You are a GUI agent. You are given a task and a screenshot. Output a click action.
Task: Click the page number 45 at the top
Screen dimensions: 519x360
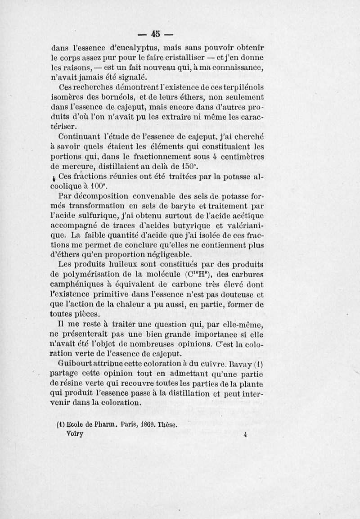pos(156,34)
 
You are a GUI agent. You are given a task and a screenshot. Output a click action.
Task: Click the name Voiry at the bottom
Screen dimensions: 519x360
pos(75,433)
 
